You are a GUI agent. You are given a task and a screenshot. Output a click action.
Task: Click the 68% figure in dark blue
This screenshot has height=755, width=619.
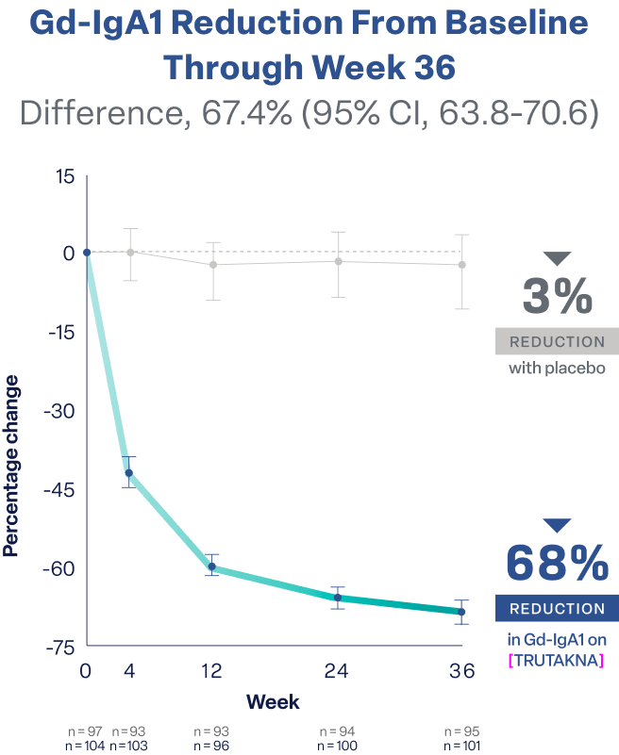point(557,565)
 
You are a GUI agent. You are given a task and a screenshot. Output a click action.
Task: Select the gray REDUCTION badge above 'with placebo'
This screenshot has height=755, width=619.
point(557,341)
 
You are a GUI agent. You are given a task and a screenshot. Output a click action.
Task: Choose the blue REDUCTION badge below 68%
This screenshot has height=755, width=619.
point(557,609)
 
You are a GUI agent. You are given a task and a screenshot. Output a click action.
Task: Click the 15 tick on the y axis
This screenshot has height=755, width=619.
point(63,176)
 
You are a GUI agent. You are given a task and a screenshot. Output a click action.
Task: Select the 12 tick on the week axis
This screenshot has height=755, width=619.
point(212,671)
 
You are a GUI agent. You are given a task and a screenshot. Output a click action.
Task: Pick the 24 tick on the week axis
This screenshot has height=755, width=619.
point(337,671)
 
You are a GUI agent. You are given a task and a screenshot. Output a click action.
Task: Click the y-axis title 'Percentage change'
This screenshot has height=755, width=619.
point(13,465)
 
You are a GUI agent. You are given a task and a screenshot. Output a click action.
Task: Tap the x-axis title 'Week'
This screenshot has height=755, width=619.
point(274,701)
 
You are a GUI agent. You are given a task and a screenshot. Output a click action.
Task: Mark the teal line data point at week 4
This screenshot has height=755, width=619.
point(129,472)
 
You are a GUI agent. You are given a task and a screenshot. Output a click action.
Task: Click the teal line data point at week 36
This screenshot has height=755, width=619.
point(461,612)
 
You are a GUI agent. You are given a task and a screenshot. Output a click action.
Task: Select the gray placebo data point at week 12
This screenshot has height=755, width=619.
point(213,265)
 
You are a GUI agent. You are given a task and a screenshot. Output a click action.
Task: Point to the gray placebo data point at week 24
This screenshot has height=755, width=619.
point(338,261)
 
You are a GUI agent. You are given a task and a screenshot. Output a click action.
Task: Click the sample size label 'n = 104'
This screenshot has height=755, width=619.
point(87,745)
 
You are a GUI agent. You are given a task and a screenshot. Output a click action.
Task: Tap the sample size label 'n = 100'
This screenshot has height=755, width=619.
point(337,745)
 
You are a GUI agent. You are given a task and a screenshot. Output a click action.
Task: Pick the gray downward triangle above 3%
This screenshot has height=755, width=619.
point(558,258)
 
